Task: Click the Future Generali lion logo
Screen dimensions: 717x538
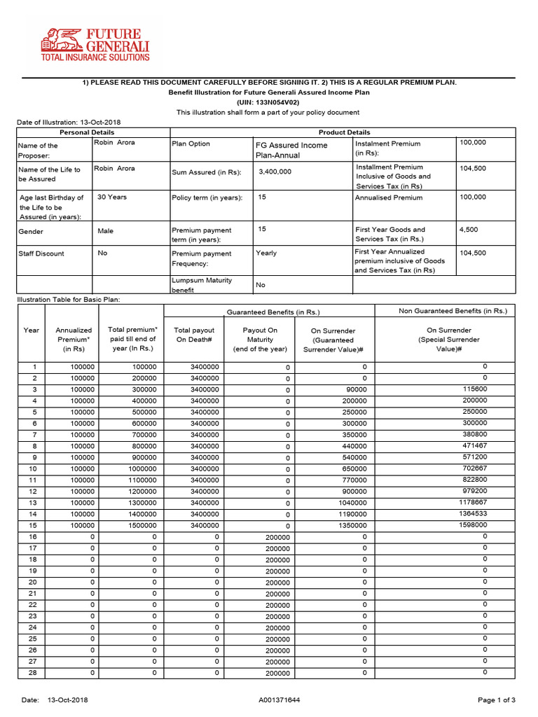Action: tap(59, 40)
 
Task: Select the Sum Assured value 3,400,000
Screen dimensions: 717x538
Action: tap(275, 172)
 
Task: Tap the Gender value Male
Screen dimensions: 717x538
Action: tap(106, 231)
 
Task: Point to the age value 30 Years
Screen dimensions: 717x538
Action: tap(112, 197)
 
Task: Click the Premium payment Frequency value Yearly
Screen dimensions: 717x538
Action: tap(266, 253)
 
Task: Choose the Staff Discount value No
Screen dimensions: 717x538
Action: tap(102, 253)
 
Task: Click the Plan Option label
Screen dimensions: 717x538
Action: tap(191, 144)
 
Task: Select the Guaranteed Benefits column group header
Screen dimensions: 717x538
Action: tap(273, 312)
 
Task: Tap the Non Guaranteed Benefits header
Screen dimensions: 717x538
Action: tap(453, 311)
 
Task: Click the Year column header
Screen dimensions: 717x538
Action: tap(32, 330)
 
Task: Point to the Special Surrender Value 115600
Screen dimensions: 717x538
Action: tap(475, 389)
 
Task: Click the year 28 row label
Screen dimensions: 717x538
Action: tap(32, 673)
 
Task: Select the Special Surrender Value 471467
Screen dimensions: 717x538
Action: tap(475, 445)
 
